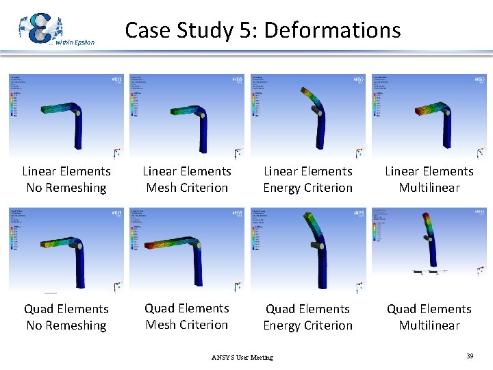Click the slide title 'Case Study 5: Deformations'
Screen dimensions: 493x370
[x=262, y=30]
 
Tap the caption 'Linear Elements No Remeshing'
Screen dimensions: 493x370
[x=66, y=180]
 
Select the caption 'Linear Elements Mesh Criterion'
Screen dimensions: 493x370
[x=187, y=180]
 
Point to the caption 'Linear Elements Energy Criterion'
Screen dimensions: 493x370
[x=308, y=180]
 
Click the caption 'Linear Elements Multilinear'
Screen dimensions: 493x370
[x=429, y=180]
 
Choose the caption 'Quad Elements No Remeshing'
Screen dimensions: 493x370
[x=66, y=317]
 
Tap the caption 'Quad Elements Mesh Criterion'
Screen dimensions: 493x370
[x=187, y=317]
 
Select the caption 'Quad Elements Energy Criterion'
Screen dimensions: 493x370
[x=308, y=317]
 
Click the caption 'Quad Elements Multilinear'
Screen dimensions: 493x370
[x=429, y=317]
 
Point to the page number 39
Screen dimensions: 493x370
[x=470, y=356]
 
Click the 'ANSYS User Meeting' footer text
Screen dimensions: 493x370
[x=242, y=357]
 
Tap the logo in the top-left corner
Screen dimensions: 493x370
[x=40, y=27]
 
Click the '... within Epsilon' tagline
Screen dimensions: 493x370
[x=74, y=42]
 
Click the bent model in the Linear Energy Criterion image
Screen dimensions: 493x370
[x=316, y=113]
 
